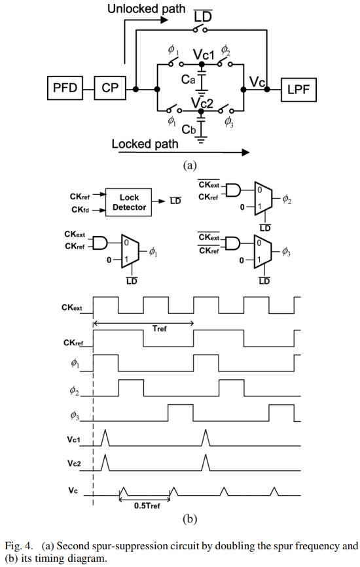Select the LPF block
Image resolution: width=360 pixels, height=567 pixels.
[299, 90]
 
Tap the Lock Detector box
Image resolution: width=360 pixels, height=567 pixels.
[129, 202]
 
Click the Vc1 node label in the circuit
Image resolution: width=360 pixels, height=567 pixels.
[204, 55]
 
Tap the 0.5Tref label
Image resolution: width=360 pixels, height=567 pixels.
[147, 505]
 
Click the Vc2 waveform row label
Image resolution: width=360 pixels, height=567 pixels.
[73, 462]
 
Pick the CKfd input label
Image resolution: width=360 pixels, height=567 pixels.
[79, 210]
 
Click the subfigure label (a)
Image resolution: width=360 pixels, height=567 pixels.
[189, 165]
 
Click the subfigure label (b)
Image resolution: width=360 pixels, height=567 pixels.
[189, 520]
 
